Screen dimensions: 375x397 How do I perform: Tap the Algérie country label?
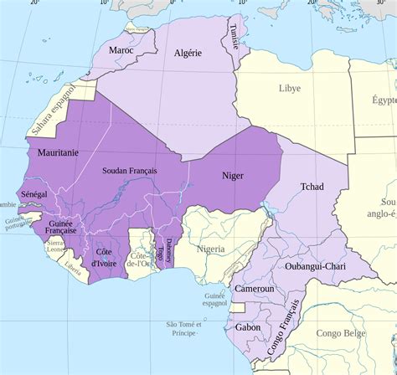[187, 53]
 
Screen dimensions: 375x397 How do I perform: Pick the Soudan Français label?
[130, 171]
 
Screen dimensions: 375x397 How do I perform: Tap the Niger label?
[232, 176]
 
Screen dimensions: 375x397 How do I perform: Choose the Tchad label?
[312, 187]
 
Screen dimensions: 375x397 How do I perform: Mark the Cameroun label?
[254, 289]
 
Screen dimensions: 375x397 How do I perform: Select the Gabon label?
[247, 327]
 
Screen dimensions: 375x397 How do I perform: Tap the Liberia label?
[73, 268]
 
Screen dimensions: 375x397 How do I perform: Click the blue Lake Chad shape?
[269, 206]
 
